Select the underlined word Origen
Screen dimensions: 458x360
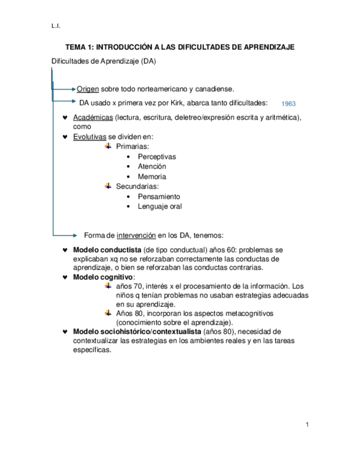[87, 89]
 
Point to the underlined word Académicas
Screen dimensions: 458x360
[93, 118]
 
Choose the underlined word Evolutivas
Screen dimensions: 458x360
[90, 137]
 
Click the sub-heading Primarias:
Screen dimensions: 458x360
[133, 147]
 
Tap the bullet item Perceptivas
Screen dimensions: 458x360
[157, 157]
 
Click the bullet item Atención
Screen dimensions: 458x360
[152, 166]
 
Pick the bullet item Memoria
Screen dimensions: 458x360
[152, 177]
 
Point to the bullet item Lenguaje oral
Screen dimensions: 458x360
[160, 206]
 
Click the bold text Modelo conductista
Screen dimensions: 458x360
[107, 251]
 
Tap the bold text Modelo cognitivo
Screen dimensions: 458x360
[103, 277]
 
